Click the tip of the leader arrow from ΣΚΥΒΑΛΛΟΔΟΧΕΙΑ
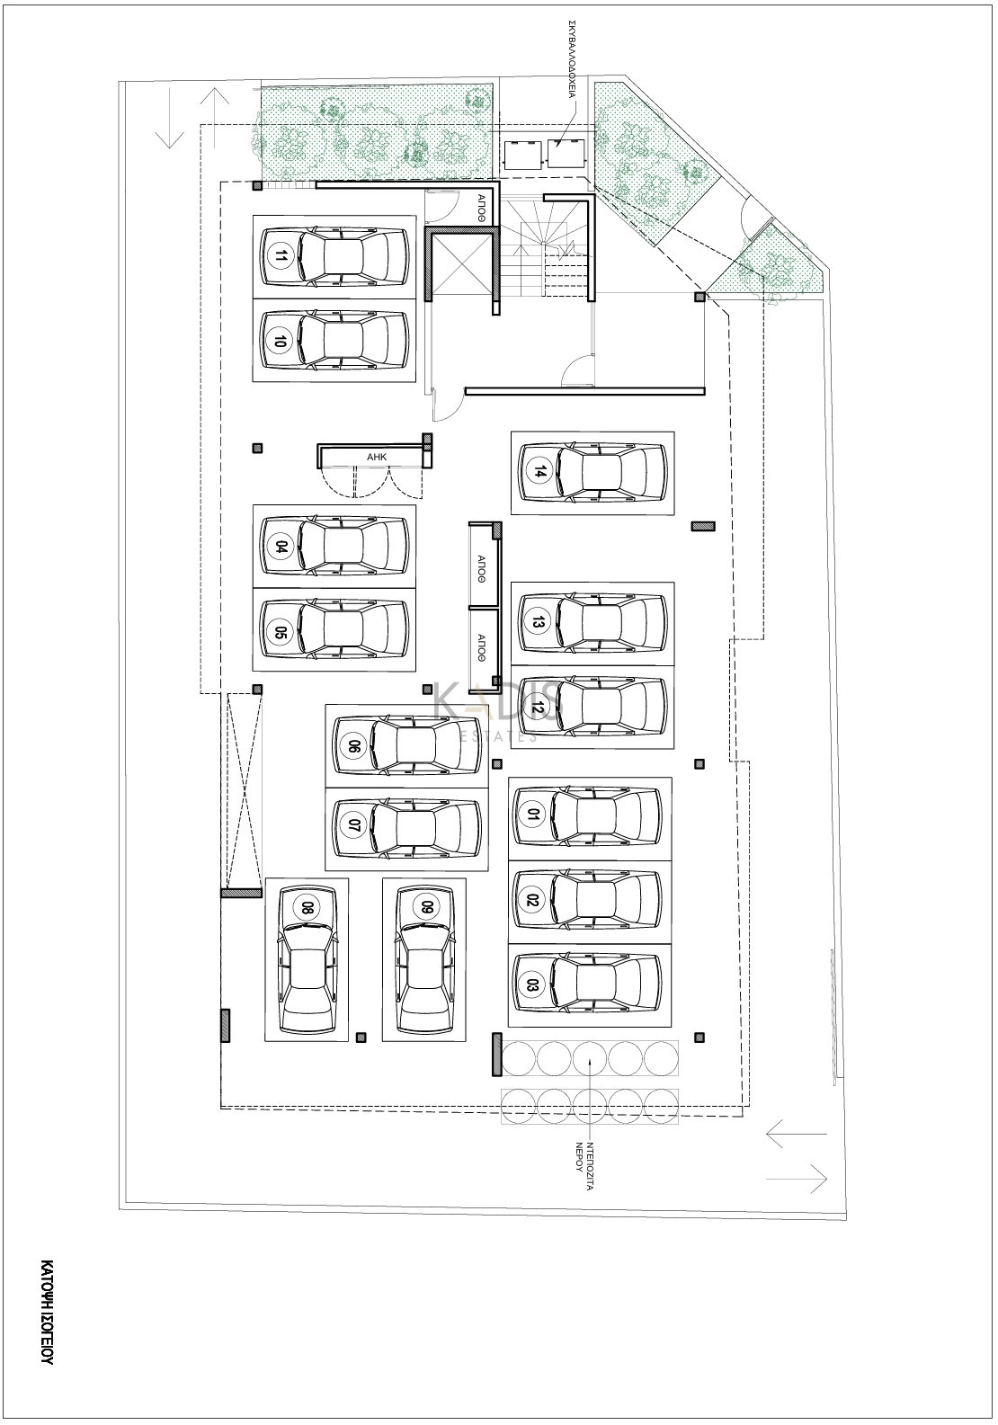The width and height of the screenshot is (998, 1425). point(556,147)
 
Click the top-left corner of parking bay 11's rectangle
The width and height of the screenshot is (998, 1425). point(254,215)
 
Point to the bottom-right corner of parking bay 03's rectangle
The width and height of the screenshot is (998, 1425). point(671,1026)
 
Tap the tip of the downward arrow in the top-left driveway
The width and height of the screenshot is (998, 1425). point(169,148)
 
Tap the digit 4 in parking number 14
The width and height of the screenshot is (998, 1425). point(540,468)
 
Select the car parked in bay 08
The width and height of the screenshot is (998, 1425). point(307,960)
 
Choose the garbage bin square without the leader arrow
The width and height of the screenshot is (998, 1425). point(521,154)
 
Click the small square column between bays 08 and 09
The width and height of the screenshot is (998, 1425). point(361,1038)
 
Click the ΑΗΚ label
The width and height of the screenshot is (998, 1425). point(377,456)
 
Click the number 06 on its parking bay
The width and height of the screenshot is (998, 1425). point(352,745)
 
